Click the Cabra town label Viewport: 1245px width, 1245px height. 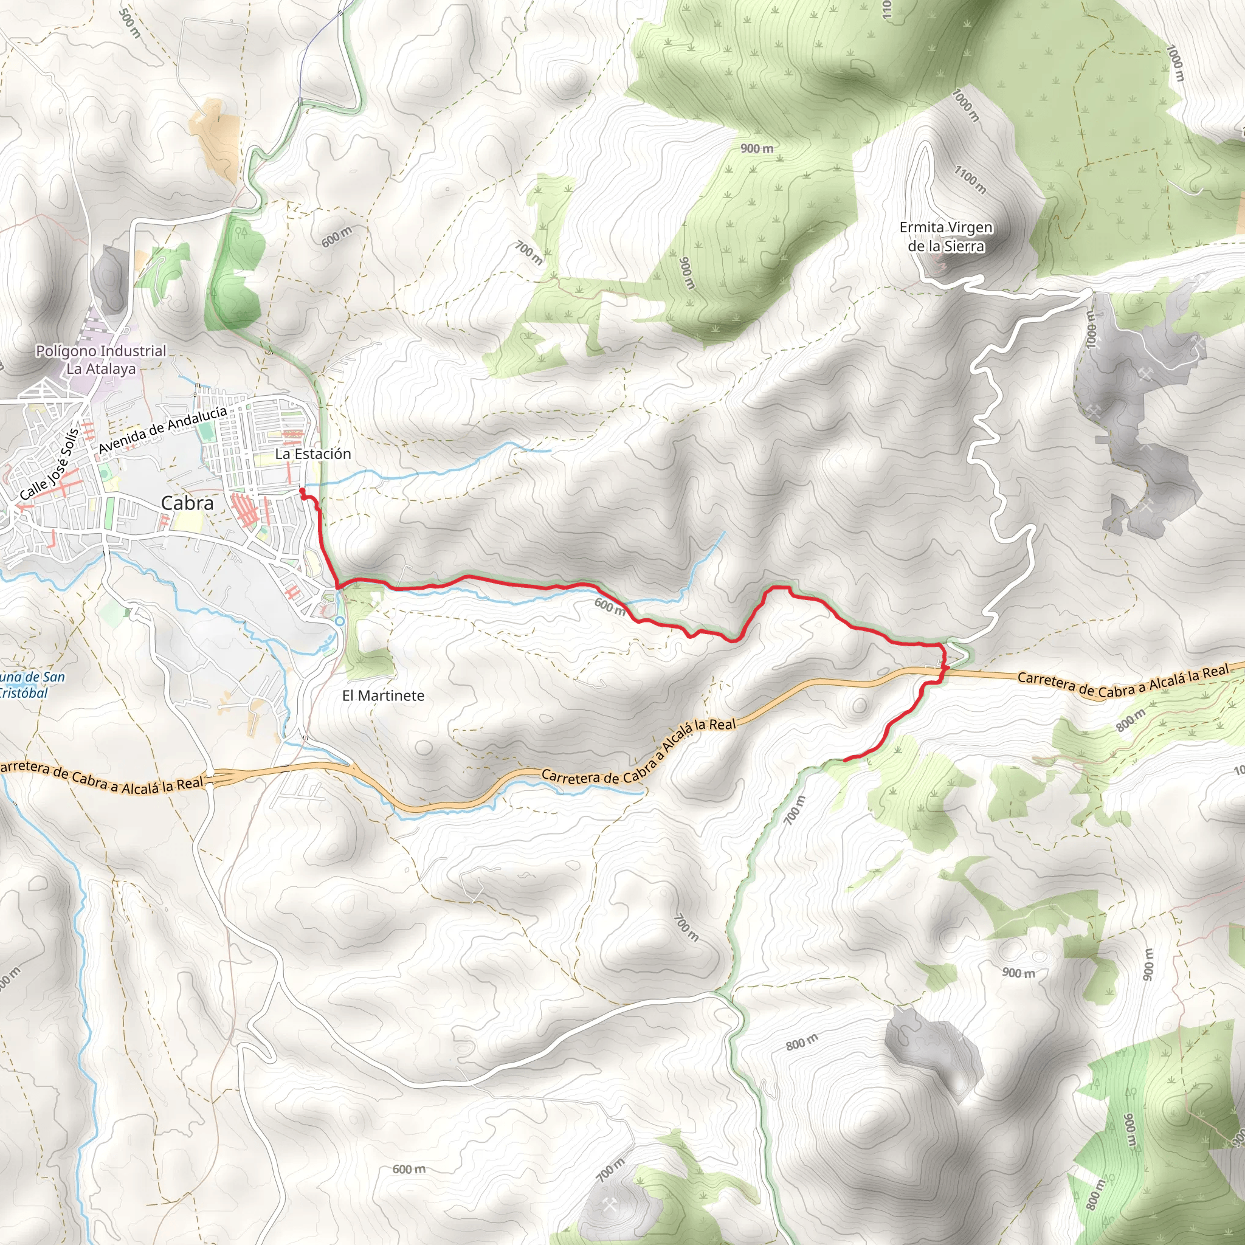pos(187,503)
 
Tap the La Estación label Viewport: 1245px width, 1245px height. pos(313,454)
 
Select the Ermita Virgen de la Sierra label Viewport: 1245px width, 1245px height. pos(945,236)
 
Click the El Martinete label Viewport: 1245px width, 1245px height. pos(384,696)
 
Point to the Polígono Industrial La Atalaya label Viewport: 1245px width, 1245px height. pos(101,360)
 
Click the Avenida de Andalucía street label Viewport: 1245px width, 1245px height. pos(162,429)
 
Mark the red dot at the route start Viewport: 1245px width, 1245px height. pos(302,491)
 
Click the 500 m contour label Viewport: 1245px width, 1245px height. pos(130,23)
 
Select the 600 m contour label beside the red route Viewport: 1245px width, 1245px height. pos(610,606)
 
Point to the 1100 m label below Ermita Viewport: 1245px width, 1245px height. pos(969,180)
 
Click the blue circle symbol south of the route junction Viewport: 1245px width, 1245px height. pos(340,621)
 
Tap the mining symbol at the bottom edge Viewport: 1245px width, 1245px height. pos(610,1204)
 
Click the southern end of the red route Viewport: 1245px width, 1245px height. pos(845,760)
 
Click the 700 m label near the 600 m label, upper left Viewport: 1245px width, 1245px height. pos(529,253)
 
